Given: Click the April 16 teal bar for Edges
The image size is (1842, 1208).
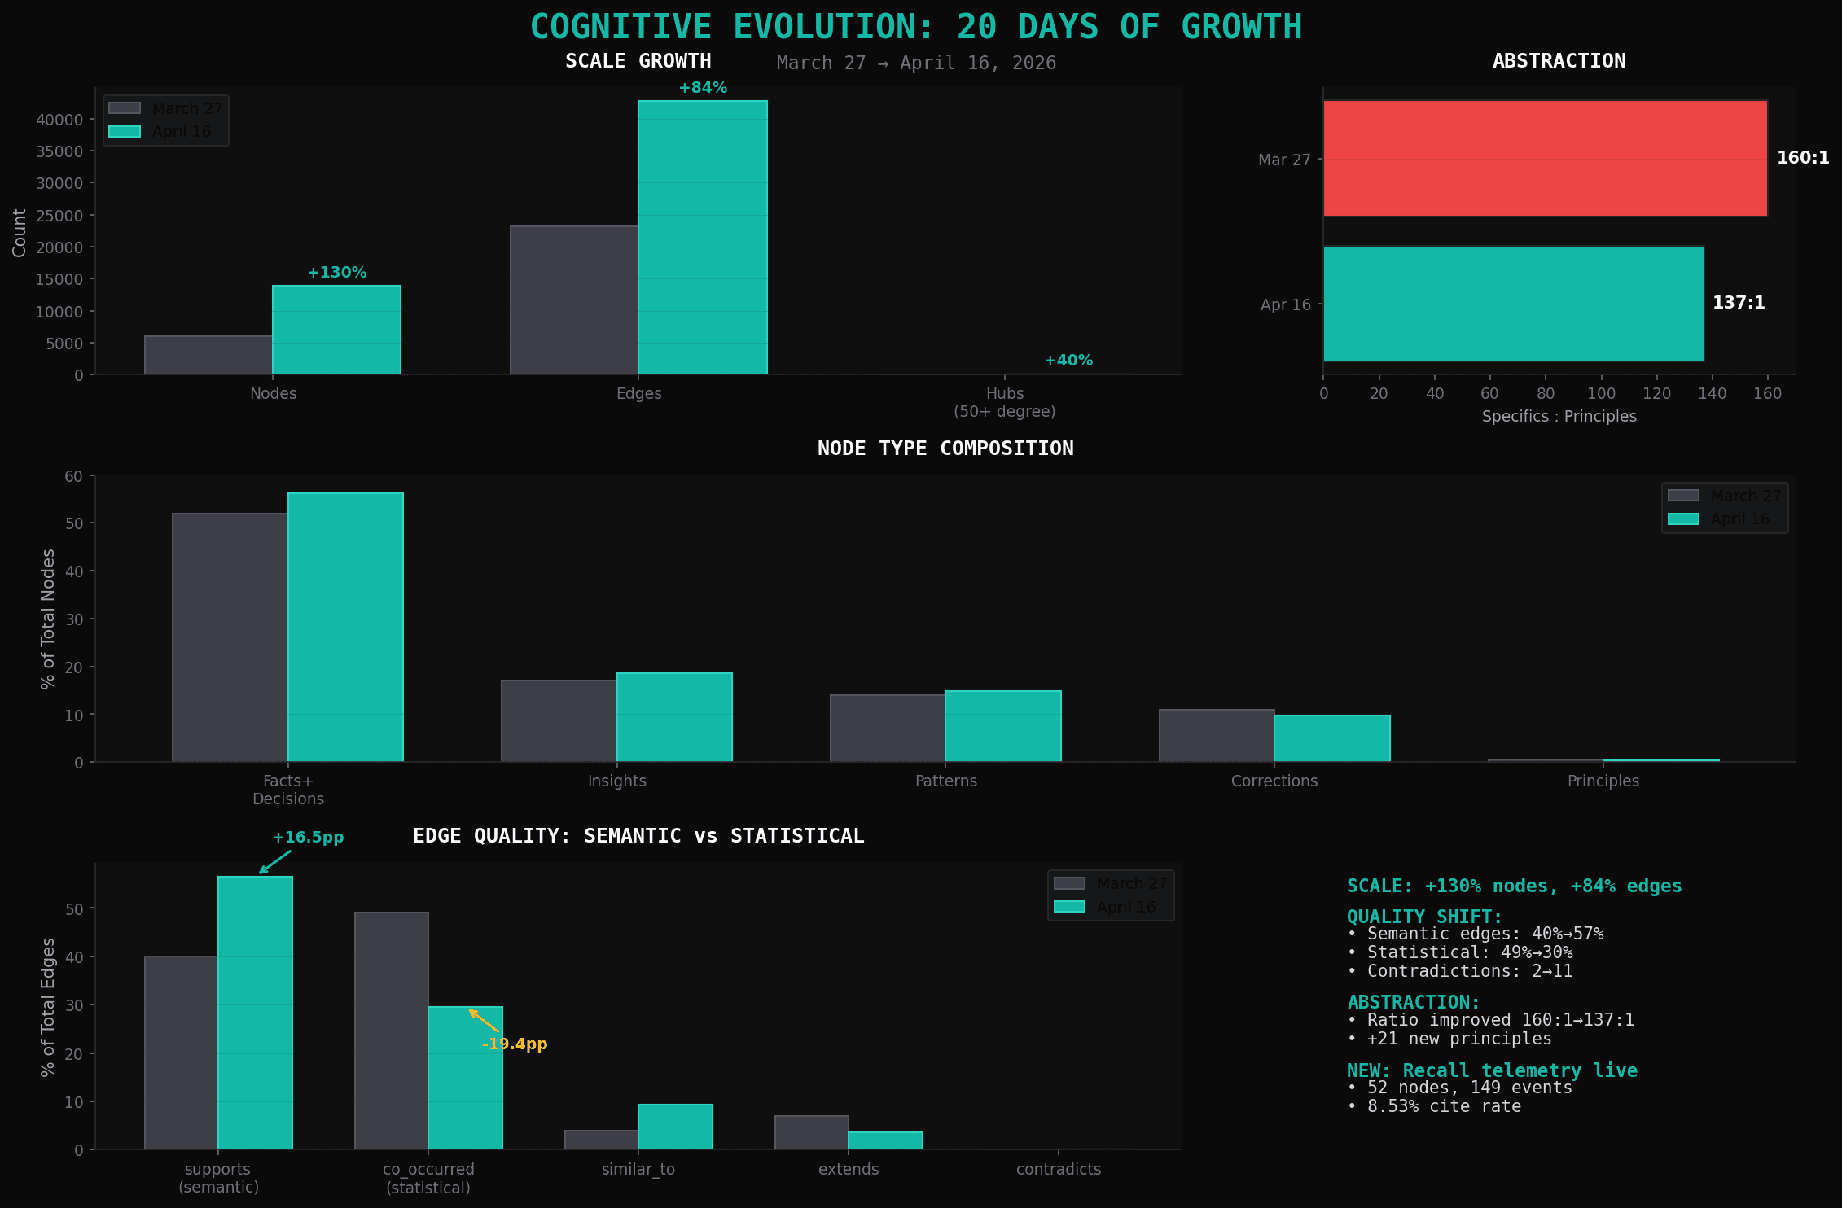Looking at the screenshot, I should tap(702, 236).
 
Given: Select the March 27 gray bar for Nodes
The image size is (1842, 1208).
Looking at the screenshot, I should tap(208, 355).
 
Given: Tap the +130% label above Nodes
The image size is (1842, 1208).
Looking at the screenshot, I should tap(336, 273).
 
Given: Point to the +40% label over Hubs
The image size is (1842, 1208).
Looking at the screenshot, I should tap(1068, 361).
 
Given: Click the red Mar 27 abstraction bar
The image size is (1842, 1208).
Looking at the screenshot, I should tap(1545, 158).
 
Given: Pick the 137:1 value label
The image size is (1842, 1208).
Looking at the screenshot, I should tap(1739, 303).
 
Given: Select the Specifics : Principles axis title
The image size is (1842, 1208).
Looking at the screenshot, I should tap(1559, 417).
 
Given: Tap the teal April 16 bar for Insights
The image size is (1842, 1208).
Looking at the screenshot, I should tap(674, 717).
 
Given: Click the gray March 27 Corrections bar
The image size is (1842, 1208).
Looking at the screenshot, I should tap(1217, 736).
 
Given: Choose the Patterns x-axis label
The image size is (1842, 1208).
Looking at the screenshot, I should tap(945, 781).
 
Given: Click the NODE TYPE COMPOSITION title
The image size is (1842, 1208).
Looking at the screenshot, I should tap(945, 449).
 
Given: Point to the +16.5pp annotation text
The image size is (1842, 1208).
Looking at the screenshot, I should tap(308, 838).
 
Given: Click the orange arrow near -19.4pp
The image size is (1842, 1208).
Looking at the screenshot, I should tap(484, 1021).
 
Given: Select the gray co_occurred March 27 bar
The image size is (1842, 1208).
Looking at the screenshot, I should tap(391, 1031).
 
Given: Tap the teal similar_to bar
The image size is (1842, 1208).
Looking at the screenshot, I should tap(675, 1127).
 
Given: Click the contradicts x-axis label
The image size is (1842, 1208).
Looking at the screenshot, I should tap(1058, 1170).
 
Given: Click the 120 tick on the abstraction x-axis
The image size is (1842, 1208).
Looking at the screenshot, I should tap(1656, 394).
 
